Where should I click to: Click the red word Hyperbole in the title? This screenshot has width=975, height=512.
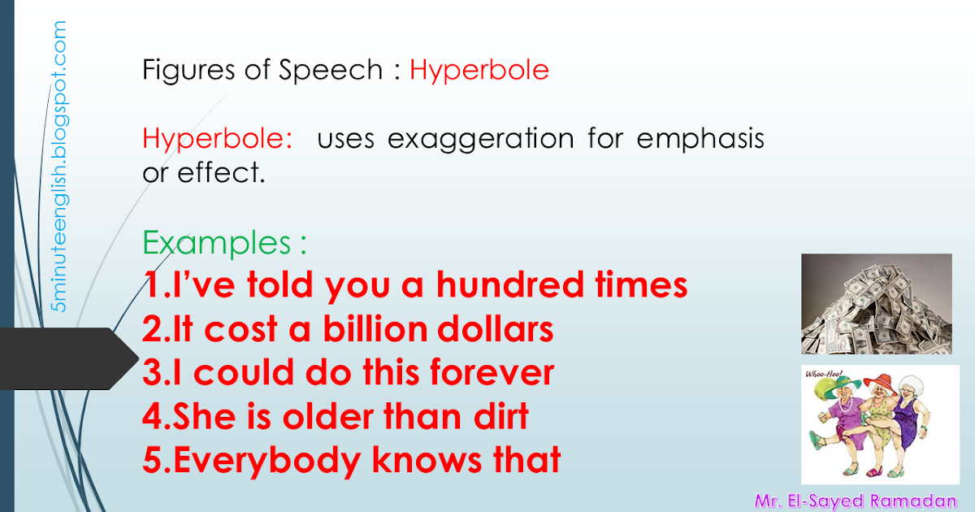479,71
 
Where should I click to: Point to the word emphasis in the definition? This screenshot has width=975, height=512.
700,140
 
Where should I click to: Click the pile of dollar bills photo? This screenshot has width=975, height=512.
876,304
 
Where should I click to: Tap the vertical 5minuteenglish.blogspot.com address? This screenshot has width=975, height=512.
60,167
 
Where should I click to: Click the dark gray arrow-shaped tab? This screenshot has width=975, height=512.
69,358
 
